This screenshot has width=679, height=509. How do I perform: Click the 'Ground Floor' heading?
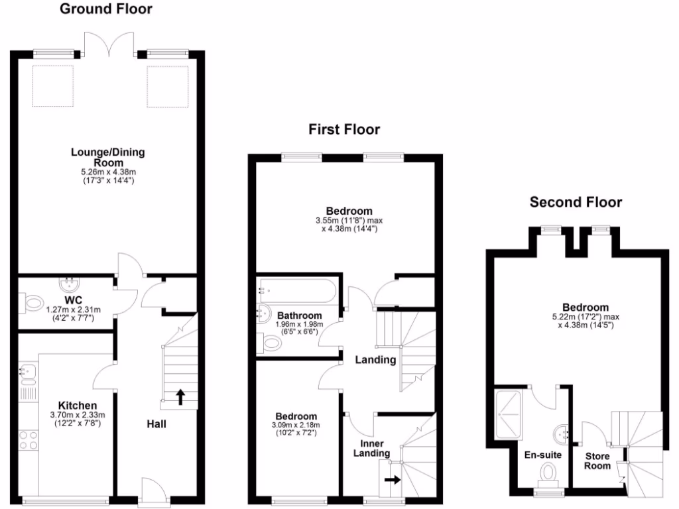pos(106,9)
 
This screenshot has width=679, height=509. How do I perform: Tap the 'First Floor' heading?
pos(344,129)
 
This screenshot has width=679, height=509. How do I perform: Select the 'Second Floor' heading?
pos(576,202)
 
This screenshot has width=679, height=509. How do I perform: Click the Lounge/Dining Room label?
pos(108,157)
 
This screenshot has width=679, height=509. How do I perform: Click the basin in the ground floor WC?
pos(69,285)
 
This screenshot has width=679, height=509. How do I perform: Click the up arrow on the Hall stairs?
pos(180,397)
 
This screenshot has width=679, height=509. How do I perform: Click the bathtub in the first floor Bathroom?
pos(298,290)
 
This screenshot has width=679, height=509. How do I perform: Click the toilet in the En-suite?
pos(548,475)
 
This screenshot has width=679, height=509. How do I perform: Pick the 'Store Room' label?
pos(597,461)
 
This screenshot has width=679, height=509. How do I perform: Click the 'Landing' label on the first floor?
pos(375,360)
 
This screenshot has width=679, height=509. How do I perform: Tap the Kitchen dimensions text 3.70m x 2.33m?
pos(78,416)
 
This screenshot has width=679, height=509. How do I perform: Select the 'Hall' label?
pos(156,424)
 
